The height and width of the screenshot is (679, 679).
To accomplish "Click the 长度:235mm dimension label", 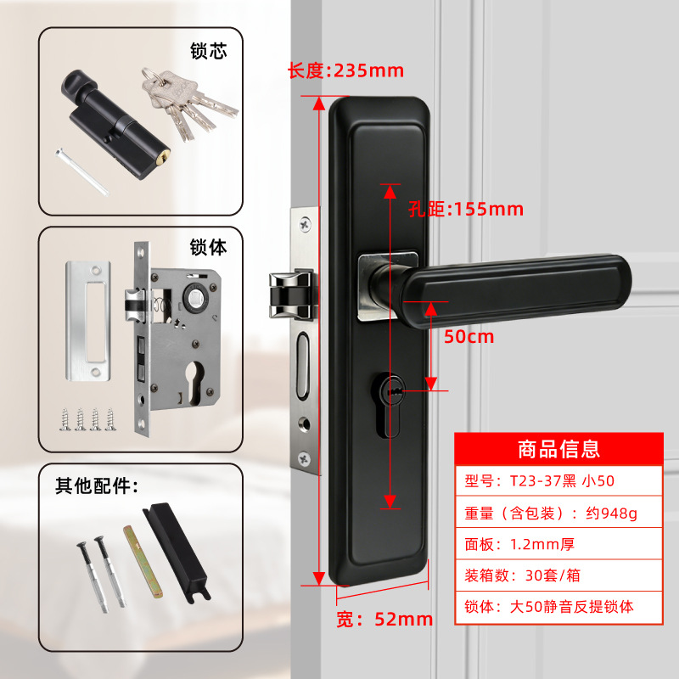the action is click(345, 70).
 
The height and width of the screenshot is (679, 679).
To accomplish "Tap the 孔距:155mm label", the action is click(466, 210).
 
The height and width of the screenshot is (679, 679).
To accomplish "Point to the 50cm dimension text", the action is click(469, 336).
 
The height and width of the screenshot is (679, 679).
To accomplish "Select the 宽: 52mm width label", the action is click(384, 620).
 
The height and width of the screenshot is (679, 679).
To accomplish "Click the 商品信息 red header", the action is click(558, 449).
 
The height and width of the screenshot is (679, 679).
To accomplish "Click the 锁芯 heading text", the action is click(208, 51).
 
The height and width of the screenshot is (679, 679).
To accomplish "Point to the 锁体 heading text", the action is click(208, 247).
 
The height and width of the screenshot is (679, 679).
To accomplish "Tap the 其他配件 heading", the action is click(96, 485).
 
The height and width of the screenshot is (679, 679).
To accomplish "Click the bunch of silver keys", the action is click(188, 104).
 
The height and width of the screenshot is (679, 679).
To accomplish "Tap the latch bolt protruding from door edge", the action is click(292, 295).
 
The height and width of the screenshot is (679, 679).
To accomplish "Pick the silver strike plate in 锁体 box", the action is click(88, 321).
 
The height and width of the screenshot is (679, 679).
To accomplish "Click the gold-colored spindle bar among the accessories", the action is click(143, 562).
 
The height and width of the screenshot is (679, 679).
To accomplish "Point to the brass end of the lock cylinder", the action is click(164, 157).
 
